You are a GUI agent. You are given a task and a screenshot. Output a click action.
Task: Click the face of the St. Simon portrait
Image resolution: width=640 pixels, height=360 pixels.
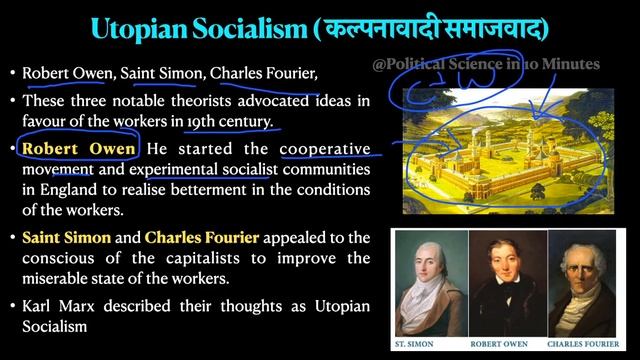click(x=428, y=264)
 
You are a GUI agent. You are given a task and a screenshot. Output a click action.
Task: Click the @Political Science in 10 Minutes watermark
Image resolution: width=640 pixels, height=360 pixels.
click(x=485, y=64)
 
